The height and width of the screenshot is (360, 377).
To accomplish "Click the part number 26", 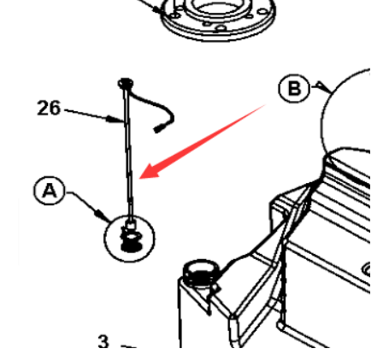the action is [49, 108].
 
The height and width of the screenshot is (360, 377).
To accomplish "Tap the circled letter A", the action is [50, 191].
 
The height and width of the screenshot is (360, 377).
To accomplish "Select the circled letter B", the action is [294, 88].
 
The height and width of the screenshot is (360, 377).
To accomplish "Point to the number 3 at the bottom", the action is [103, 341].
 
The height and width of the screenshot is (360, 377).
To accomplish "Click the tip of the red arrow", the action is [139, 179].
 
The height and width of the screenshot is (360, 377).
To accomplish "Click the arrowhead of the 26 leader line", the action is [115, 119].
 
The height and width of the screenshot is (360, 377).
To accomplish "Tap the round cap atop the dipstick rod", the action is [126, 83].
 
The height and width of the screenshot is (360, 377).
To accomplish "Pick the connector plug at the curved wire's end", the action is [158, 128].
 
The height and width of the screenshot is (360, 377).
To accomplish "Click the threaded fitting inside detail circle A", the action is [131, 239].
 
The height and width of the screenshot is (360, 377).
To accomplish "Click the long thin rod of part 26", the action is [128, 154].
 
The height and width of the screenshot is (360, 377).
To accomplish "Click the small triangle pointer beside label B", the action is [322, 86].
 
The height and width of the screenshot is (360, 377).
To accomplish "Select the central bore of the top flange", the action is [215, 6].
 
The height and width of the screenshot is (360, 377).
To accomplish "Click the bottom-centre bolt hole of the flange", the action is [221, 28].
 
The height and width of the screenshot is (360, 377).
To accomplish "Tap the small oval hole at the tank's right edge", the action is [366, 269].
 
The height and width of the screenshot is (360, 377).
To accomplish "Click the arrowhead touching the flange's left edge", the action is [157, 10].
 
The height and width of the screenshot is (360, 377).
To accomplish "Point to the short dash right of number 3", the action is [129, 347].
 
